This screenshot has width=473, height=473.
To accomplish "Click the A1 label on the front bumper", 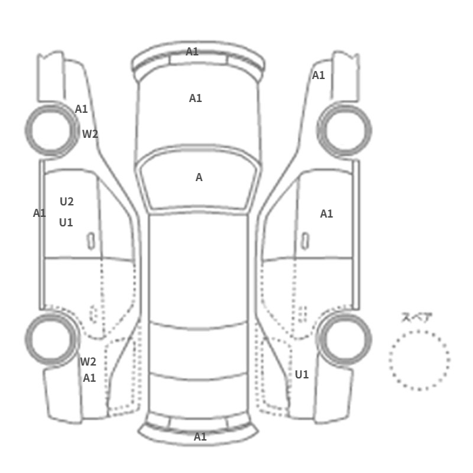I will pyautogui.click(x=193, y=51).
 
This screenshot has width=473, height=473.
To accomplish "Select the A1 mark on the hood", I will pyautogui.click(x=195, y=98).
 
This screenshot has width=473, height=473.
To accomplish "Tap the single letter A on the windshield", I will pyautogui.click(x=199, y=177).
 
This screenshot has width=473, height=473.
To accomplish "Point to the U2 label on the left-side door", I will pyautogui.click(x=67, y=201).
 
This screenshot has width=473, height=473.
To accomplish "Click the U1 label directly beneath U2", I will pyautogui.click(x=66, y=222).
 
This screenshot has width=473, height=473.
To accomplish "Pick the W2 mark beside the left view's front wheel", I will pyautogui.click(x=90, y=134).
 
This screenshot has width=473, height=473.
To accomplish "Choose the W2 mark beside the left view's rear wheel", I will pyautogui.click(x=88, y=362).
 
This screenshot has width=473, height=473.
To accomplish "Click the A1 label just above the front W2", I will pyautogui.click(x=81, y=109).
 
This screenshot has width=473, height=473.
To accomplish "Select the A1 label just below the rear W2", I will pyautogui.click(x=89, y=378).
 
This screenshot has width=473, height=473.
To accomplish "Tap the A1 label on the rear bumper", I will pyautogui.click(x=200, y=437).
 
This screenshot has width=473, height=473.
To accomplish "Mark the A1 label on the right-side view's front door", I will pyautogui.click(x=326, y=214).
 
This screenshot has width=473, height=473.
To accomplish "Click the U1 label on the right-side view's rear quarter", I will pyautogui.click(x=301, y=374).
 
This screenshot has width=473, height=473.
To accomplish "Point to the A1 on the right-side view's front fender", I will pyautogui.click(x=318, y=76).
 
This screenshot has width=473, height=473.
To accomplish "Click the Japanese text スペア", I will pyautogui.click(x=417, y=318).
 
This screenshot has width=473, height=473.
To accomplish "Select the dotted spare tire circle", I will pyautogui.click(x=419, y=359).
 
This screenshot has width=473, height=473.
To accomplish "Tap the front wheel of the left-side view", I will pyautogui.click(x=51, y=128).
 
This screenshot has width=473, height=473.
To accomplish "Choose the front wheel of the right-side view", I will pyautogui.click(x=345, y=128).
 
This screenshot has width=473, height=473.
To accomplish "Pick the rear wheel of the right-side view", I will pyautogui.click(x=345, y=338).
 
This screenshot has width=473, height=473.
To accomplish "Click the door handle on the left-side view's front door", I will pyautogui.click(x=91, y=241).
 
